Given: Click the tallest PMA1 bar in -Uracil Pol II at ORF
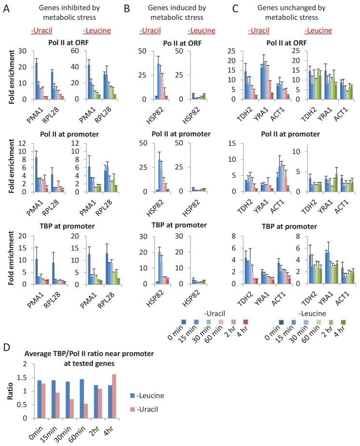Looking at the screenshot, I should tap(36, 81).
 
